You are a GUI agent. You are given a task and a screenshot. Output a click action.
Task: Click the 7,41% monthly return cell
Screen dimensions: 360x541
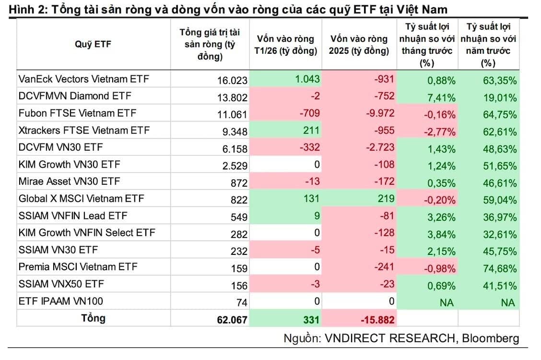pyautogui.click(x=441, y=97)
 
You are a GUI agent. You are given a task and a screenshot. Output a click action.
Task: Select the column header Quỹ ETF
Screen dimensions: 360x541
pyautogui.click(x=93, y=44)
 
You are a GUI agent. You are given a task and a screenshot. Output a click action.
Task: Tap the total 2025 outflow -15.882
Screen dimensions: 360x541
pyautogui.click(x=372, y=319)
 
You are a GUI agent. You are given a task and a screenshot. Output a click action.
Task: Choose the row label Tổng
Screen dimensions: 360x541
pyautogui.click(x=93, y=318)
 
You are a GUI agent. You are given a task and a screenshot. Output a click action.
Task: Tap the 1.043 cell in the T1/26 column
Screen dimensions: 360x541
pyautogui.click(x=306, y=79)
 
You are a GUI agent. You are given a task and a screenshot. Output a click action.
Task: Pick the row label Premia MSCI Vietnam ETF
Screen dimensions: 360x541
pyautogui.click(x=78, y=267)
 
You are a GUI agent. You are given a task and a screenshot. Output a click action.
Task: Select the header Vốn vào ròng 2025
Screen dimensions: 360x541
pyautogui.click(x=359, y=45)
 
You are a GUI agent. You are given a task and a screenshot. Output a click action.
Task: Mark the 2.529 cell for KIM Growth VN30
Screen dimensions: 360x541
pyautogui.click(x=235, y=166)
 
